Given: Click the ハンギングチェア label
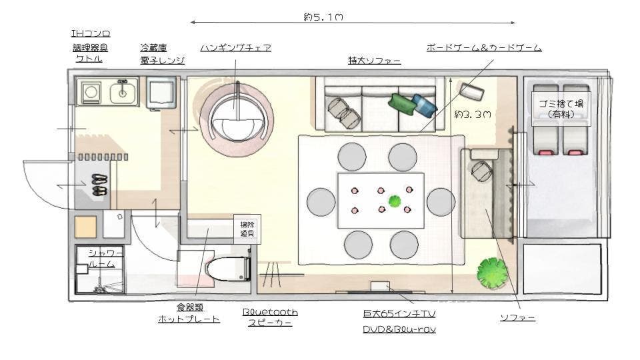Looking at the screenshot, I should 235,48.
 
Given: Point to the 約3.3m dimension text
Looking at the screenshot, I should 473,114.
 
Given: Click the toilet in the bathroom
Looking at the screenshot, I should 227,269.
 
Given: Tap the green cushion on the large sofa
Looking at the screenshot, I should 401,103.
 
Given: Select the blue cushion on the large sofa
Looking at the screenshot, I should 423,105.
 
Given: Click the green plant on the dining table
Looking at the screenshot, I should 395,201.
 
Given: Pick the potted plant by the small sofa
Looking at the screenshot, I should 492,273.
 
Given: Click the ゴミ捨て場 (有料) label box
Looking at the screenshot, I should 561,108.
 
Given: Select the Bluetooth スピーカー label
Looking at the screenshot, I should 270,317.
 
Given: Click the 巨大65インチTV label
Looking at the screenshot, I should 399,313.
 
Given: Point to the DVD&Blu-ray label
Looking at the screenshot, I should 399,329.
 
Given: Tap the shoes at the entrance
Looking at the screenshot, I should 99,185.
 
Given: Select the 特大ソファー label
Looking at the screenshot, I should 374,61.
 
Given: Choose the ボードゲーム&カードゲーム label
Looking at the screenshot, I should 483,48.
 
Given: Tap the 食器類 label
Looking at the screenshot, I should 189,307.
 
